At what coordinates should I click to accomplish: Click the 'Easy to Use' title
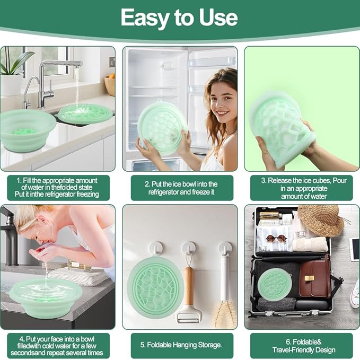[179, 17]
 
